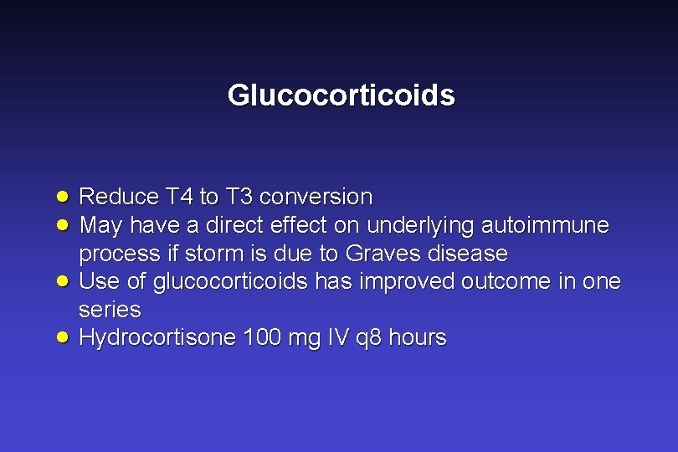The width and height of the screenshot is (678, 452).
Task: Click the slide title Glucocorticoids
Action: [x=341, y=95]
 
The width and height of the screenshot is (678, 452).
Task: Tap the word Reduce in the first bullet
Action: [x=119, y=198]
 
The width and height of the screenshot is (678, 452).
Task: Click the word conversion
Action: [x=316, y=198]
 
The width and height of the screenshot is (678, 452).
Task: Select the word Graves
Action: [x=383, y=254]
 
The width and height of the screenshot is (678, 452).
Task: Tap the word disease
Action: [x=467, y=254]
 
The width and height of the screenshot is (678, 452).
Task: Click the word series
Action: [x=110, y=311]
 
